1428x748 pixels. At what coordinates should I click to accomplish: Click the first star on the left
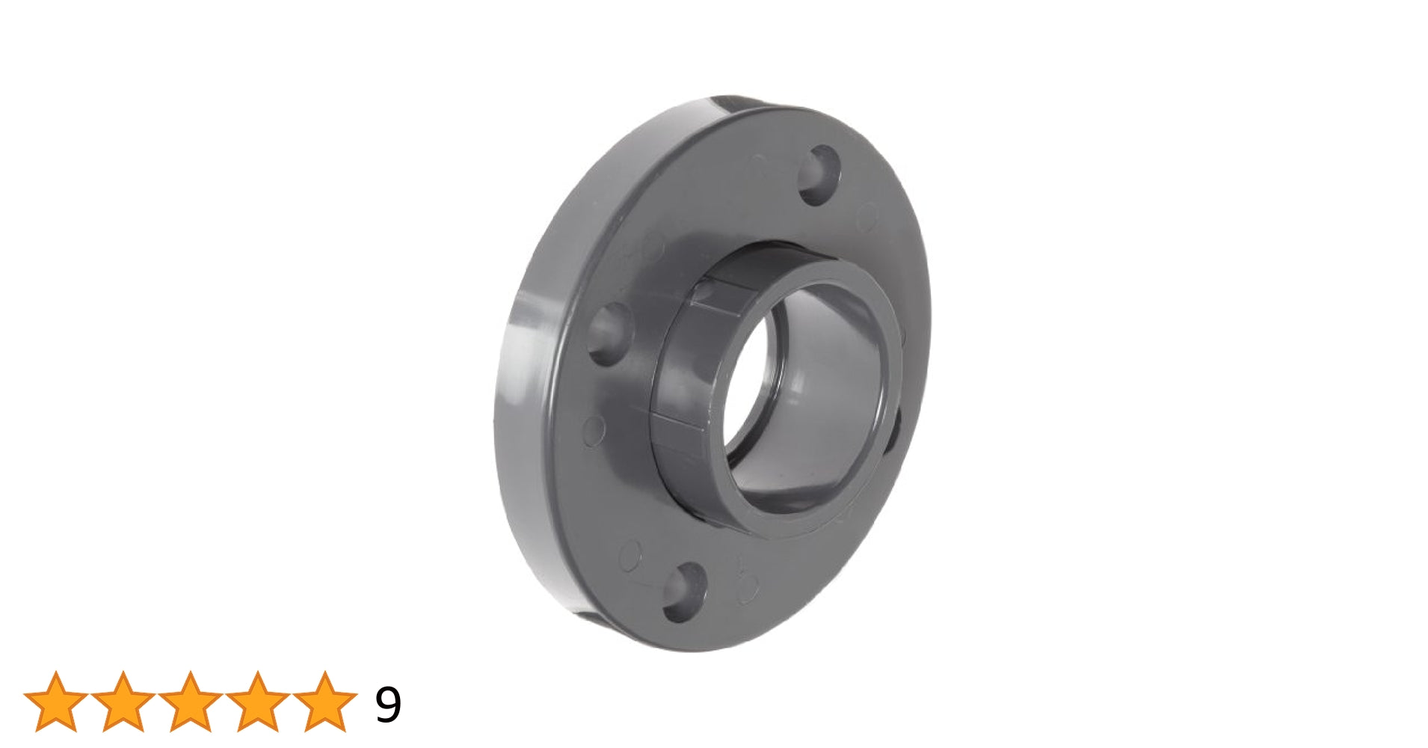click(x=56, y=702)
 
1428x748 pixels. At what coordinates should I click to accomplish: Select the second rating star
click(x=123, y=702)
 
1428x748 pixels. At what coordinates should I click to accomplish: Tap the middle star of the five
click(x=191, y=702)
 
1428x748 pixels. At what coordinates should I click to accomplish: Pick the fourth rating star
click(x=258, y=702)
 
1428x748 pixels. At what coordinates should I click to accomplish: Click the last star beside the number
click(x=325, y=702)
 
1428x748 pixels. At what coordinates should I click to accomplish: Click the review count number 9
click(x=388, y=704)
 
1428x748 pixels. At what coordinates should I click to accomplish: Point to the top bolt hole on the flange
click(x=819, y=175)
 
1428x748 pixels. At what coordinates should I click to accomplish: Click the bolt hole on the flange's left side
click(x=609, y=334)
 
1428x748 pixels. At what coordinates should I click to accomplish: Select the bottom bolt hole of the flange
click(x=685, y=592)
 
